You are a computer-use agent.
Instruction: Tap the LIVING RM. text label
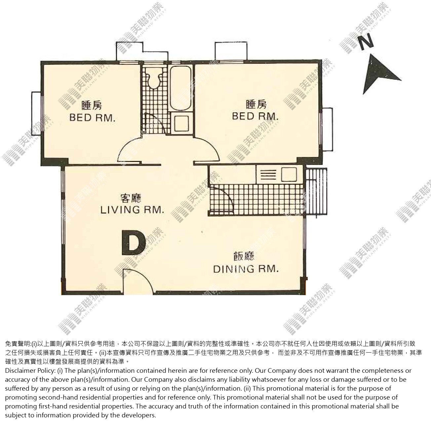pos(133,210)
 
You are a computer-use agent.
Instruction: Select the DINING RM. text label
pos(246,269)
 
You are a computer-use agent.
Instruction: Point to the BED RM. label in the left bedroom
pos(92,118)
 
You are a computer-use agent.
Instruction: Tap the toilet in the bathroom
pos(154,80)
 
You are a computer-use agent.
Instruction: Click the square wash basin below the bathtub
pos(181,123)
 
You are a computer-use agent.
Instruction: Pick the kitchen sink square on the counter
pos(289,174)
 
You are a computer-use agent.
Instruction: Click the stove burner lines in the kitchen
pos(268,174)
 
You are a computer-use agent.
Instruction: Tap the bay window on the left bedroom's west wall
pos(36,114)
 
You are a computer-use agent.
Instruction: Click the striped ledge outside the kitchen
pos(316,192)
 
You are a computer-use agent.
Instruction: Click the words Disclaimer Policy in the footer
pos(30,371)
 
